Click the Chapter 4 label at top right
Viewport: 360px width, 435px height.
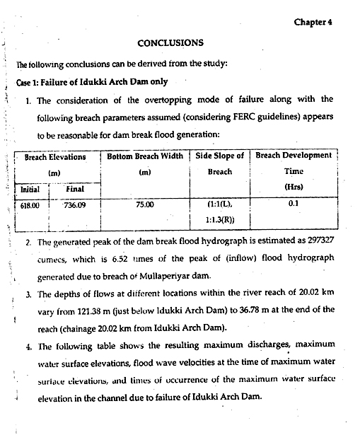[x=313, y=22]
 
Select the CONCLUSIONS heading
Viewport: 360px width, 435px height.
[x=170, y=43]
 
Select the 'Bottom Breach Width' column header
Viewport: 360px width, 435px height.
[x=146, y=156]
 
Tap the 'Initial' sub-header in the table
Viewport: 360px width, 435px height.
[x=30, y=190]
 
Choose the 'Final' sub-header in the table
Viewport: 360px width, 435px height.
[x=75, y=190]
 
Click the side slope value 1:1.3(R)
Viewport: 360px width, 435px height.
[x=219, y=220]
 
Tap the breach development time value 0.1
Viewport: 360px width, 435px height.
[x=293, y=206]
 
